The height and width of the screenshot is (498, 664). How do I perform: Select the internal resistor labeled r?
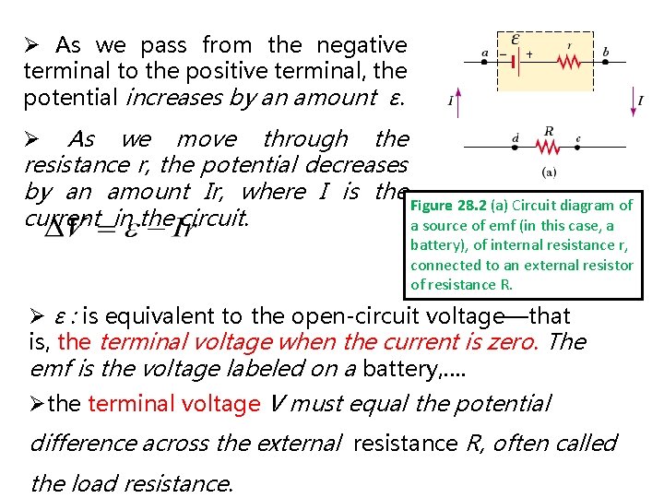571,61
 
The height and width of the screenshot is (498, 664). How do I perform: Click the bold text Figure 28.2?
447,206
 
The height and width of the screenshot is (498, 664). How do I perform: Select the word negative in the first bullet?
362,44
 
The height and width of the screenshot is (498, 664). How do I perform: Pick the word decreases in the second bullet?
361,165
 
